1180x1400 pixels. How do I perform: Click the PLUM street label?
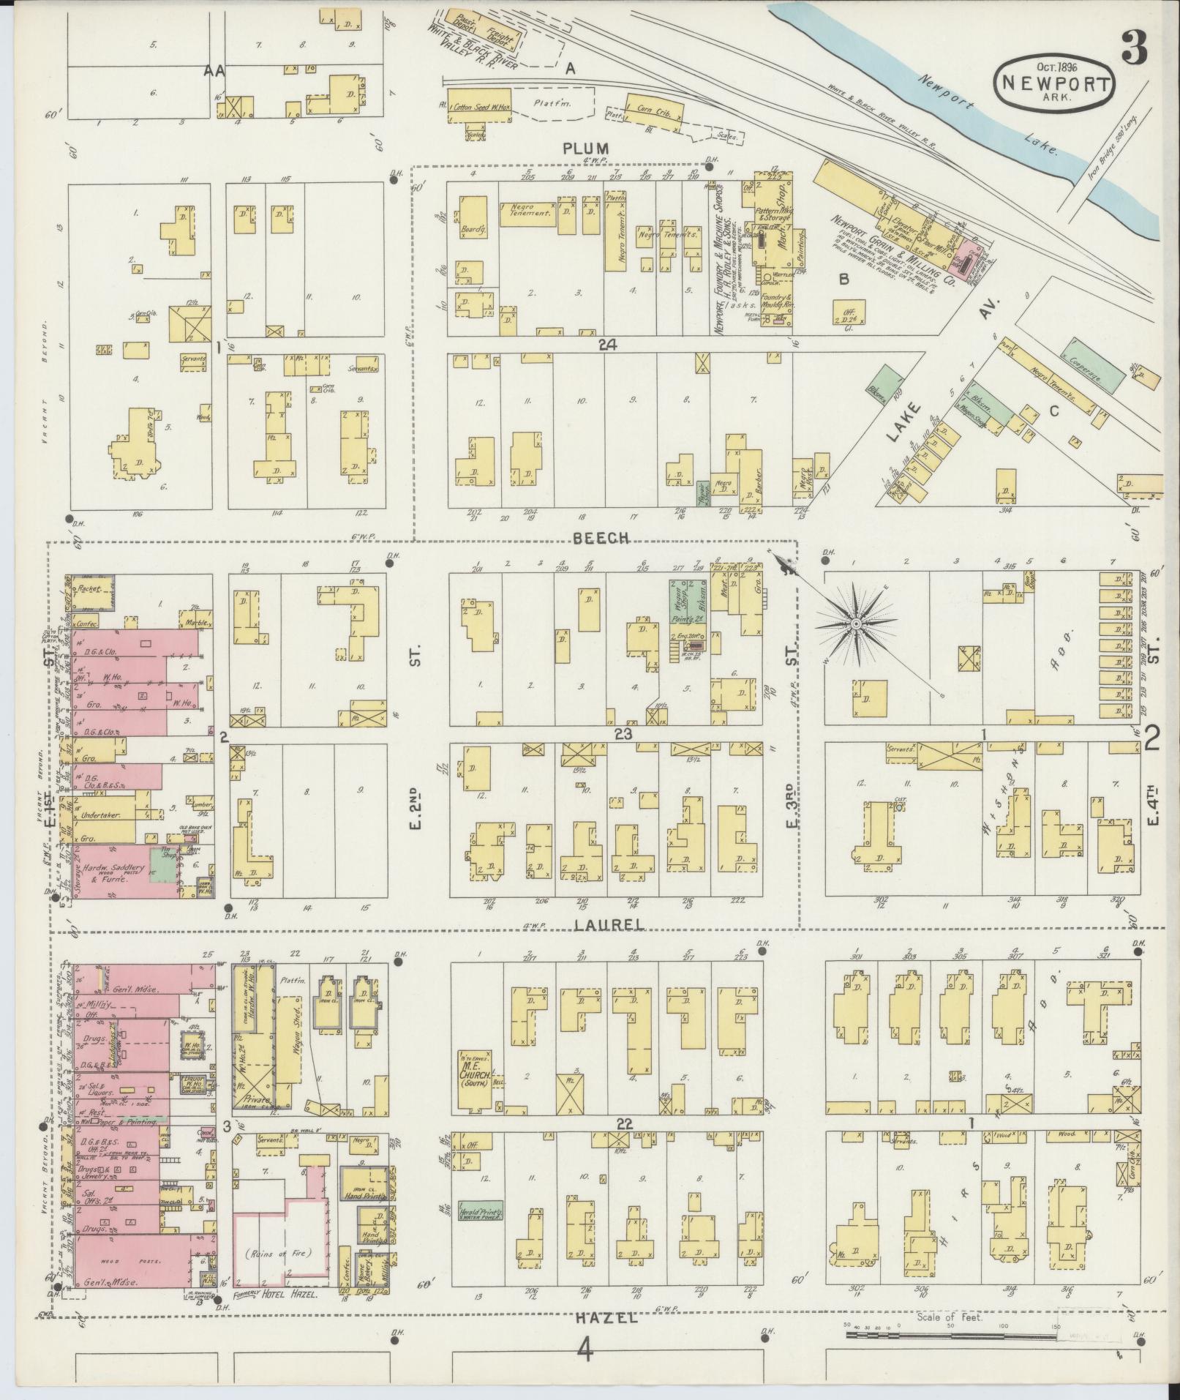tap(585, 148)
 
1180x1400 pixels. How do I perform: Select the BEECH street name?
tap(601, 537)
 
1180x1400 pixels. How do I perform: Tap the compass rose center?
tap(854, 624)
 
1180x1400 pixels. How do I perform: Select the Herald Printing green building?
tap(480, 1210)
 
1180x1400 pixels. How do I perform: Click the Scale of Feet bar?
tap(951, 1336)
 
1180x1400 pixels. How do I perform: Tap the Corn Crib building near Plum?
tap(654, 110)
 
